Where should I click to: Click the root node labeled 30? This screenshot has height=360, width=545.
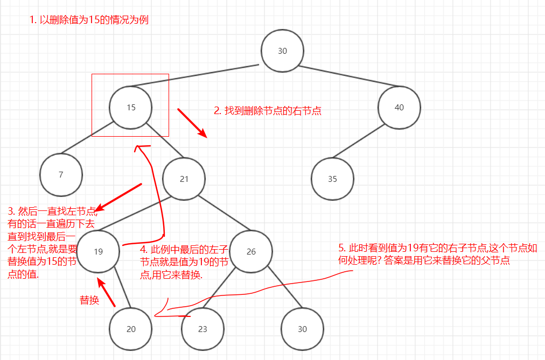[282, 51]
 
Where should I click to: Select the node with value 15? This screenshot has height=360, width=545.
[131, 107]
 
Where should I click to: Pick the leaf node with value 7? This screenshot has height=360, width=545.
[61, 174]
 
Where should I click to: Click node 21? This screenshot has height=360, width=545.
[184, 178]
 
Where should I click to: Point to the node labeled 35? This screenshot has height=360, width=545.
[332, 178]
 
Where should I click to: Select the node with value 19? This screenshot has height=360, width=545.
[98, 251]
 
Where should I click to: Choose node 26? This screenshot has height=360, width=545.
[251, 251]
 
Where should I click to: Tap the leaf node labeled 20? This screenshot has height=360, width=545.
[131, 329]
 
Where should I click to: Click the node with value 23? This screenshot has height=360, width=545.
[202, 329]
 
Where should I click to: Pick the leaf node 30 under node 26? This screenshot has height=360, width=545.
[302, 329]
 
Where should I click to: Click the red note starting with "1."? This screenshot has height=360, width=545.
[89, 20]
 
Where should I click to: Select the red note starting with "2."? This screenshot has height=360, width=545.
[268, 111]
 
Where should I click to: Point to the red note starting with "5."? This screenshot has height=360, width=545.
[424, 254]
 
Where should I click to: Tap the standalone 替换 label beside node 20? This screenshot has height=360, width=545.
[89, 300]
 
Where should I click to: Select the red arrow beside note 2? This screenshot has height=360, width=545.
[192, 123]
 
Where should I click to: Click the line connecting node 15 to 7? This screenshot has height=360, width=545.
[87, 139]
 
